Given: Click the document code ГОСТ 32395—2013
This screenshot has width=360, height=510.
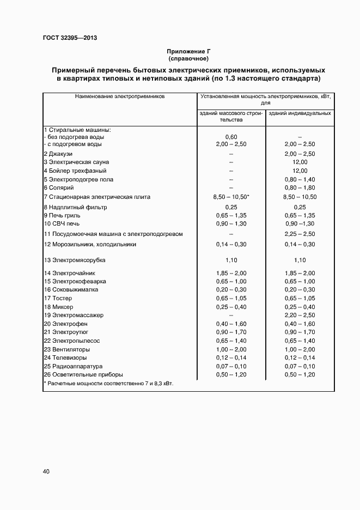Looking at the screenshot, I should (x=70, y=38).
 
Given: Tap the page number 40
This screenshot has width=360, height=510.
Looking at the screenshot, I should (x=46, y=471).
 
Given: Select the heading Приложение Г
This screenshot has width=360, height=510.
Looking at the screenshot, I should (x=188, y=51).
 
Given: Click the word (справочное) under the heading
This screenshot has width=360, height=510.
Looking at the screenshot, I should (x=188, y=58).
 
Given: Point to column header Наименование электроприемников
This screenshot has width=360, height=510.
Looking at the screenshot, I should (x=120, y=96).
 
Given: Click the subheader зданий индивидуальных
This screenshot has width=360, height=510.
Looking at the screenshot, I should (x=300, y=113).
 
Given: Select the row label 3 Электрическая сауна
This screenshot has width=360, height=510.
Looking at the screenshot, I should (x=76, y=162).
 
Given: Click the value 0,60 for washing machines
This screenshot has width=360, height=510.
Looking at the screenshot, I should (x=231, y=137).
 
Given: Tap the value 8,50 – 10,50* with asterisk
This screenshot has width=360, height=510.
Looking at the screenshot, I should (x=231, y=197).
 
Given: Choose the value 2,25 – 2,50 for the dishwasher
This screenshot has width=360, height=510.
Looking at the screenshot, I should (x=300, y=234).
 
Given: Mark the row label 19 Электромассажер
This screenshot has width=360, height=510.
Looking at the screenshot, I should (x=74, y=315).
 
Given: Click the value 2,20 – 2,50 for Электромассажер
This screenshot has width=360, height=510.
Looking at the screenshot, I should (x=300, y=315).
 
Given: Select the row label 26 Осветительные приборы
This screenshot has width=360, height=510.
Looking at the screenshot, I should (x=83, y=374).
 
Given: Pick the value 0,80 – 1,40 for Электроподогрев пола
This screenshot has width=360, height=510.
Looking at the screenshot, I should (x=300, y=179).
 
